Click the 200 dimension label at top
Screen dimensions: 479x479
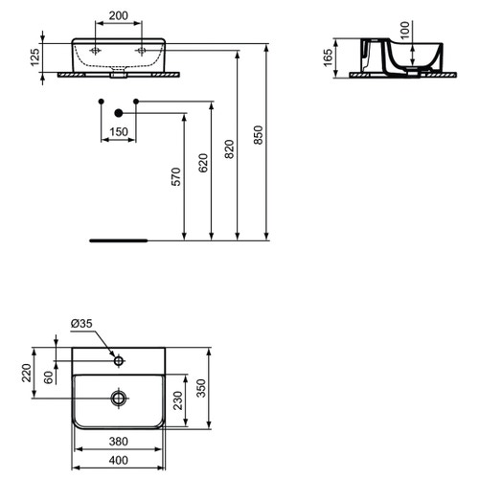pyautogui.click(x=118, y=16)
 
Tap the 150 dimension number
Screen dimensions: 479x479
pyautogui.click(x=118, y=131)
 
